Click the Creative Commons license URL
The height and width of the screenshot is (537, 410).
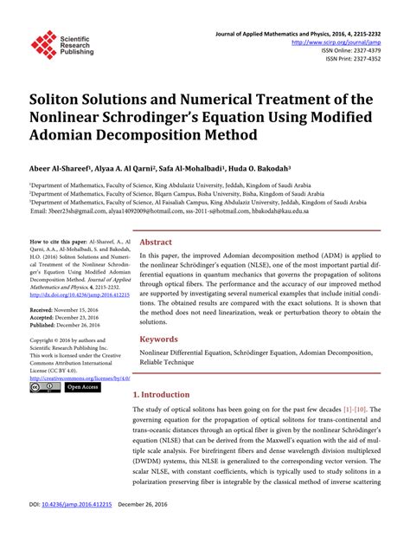pos(80,378)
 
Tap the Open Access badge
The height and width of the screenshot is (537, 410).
pos(83,388)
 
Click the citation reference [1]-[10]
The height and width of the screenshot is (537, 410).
pos(359,409)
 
